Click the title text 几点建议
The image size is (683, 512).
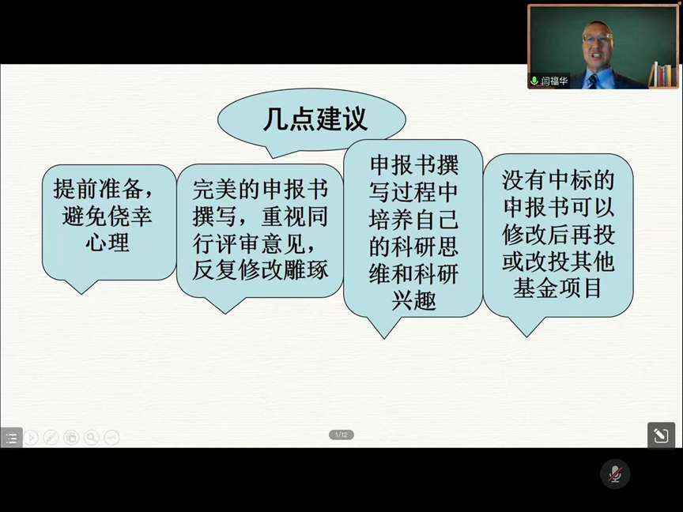click(315, 119)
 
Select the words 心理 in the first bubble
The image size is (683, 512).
click(108, 242)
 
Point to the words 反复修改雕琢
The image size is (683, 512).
click(260, 270)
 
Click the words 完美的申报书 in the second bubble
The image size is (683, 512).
click(260, 190)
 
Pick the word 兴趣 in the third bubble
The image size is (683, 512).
click(413, 300)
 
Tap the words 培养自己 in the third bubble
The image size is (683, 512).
click(413, 219)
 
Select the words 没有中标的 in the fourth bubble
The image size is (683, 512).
click(558, 180)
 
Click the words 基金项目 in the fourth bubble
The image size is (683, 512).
click(558, 288)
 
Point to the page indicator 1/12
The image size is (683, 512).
click(341, 435)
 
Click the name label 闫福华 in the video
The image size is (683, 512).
click(554, 81)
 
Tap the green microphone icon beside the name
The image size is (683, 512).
click(534, 81)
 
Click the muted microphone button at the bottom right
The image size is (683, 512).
click(615, 474)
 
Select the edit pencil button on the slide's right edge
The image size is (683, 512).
click(661, 435)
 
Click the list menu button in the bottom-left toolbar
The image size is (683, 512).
click(11, 438)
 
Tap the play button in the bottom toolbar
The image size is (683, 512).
click(31, 437)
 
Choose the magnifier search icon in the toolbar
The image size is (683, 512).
click(92, 437)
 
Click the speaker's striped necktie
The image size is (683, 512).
click(592, 81)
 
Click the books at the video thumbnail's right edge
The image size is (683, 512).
click(663, 74)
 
